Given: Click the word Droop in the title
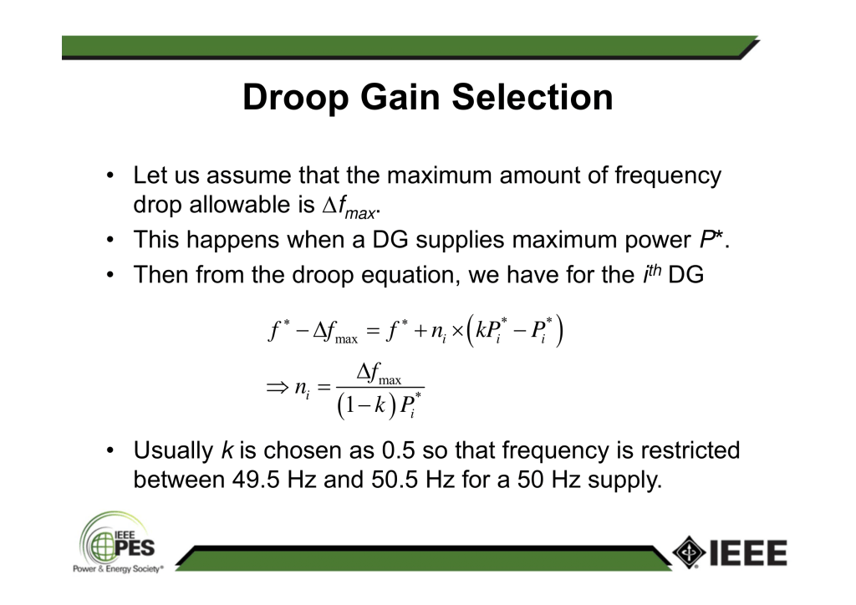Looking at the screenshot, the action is pyautogui.click(x=295, y=99).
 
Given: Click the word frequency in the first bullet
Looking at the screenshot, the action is pyautogui.click(x=668, y=177).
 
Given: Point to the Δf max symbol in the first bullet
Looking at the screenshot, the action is pyautogui.click(x=349, y=206).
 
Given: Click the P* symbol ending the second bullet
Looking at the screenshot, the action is pyautogui.click(x=711, y=240).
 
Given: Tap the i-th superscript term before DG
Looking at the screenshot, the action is pyautogui.click(x=652, y=273).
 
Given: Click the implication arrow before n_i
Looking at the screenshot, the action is pyautogui.click(x=277, y=388).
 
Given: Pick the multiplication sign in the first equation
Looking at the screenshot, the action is pyautogui.click(x=457, y=331).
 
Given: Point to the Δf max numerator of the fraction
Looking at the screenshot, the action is pyautogui.click(x=379, y=374).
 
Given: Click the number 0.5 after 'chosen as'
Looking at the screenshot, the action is pyautogui.click(x=398, y=450).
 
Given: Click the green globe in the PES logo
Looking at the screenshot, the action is pyautogui.click(x=103, y=546).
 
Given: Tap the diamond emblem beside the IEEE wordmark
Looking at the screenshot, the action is pyautogui.click(x=689, y=552).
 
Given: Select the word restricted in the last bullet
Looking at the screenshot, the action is pyautogui.click(x=690, y=450).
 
